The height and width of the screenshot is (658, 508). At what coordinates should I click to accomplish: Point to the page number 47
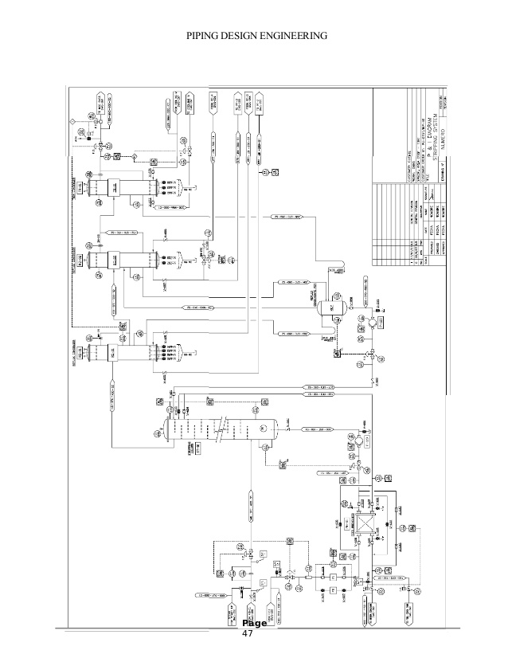246,634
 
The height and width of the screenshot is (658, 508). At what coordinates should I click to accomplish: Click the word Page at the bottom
255,623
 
